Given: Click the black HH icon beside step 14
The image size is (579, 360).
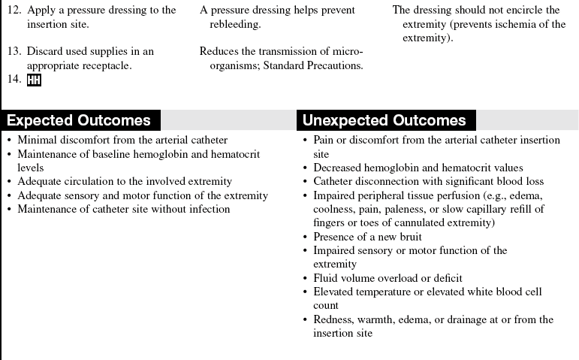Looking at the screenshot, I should tap(34, 80).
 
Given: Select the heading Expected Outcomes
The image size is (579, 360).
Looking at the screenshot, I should tap(79, 120).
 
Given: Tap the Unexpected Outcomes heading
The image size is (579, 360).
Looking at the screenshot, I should tap(384, 120).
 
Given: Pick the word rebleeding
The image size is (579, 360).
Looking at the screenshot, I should tap(236, 25).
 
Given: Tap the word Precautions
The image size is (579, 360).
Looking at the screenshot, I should tap(335, 65).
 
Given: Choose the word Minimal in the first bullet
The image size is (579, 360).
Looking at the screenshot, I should tap(38, 140).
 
